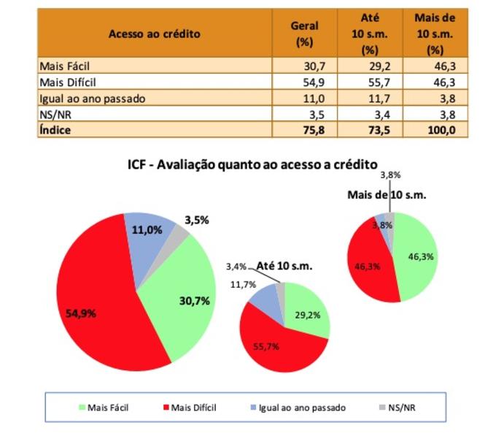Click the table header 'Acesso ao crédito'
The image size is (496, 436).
(154, 34)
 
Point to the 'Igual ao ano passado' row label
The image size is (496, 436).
(82, 98)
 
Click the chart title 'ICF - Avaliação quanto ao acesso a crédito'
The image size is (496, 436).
(252, 164)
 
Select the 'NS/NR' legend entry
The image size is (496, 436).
(402, 408)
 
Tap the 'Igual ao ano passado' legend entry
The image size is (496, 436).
(301, 408)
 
